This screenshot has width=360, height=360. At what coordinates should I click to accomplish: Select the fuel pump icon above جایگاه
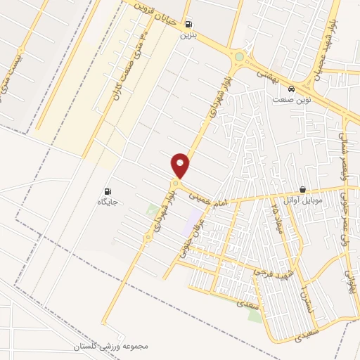(x=108, y=191)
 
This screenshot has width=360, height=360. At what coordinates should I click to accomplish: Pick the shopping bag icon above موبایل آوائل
(x=303, y=189)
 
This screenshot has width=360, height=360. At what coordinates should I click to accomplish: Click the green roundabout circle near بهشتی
(x=240, y=57)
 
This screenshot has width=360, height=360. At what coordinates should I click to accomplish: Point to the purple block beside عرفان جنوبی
(x=191, y=224)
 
